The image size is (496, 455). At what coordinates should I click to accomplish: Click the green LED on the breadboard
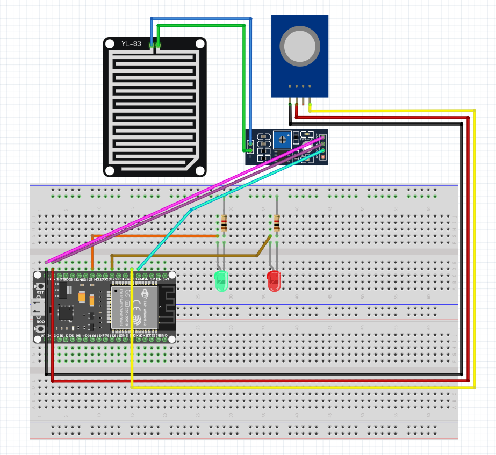click(x=221, y=281)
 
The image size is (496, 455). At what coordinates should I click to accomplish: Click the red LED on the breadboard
click(x=274, y=281)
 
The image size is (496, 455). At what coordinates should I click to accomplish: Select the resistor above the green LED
click(x=224, y=222)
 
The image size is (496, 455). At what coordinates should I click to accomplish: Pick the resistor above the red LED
click(x=276, y=222)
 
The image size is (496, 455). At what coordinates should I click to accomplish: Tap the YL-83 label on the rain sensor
click(x=131, y=44)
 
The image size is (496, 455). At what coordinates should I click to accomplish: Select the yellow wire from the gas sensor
click(x=475, y=242)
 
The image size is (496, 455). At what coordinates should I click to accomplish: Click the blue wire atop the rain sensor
click(x=199, y=19)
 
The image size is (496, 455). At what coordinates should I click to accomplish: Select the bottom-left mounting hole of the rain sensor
click(x=110, y=170)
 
